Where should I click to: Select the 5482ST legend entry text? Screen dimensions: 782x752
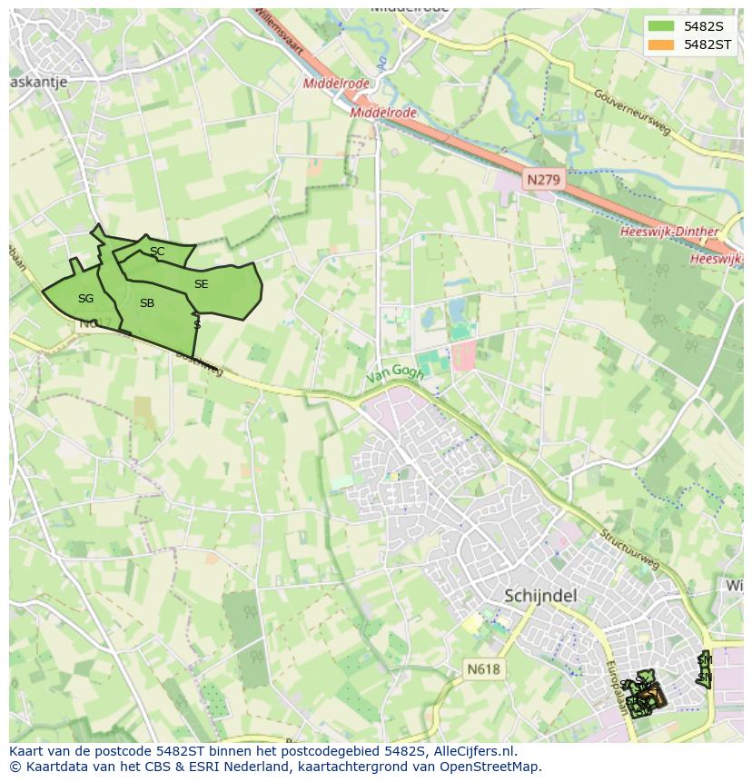pos(707,45)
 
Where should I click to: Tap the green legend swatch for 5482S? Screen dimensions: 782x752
pos(662,26)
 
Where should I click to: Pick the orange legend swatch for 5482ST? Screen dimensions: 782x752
pos(662,45)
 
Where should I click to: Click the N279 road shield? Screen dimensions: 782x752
pos(543,180)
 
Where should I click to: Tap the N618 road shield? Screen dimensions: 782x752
pos(483,669)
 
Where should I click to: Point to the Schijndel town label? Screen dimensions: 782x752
pos(540,596)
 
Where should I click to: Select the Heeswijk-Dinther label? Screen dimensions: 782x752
pos(669,233)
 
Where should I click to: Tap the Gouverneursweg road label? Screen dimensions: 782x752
pos(632,113)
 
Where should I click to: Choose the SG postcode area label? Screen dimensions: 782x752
pos(85,299)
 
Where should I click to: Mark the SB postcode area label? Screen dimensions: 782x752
pos(147,303)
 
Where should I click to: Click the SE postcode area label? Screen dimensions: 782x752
pos(201,284)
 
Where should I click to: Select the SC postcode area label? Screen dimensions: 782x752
pos(157,252)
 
